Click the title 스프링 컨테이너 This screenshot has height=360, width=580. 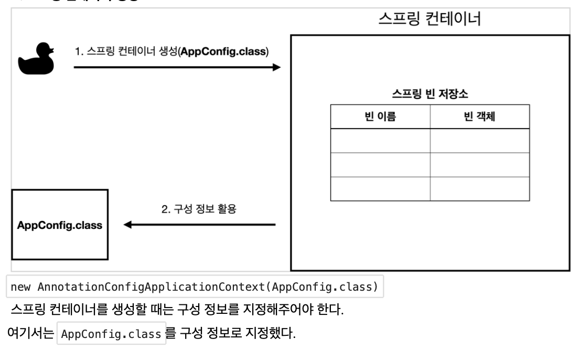[430, 20]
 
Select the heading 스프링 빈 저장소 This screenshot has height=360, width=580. [430, 95]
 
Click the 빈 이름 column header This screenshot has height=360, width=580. [380, 117]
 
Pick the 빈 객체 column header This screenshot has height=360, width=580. [479, 117]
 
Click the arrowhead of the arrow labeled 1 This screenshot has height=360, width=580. [276, 67]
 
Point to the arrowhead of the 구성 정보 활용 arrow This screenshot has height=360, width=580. [127, 225]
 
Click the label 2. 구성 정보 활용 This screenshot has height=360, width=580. [199, 210]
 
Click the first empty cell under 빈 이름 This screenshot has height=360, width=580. [380, 141]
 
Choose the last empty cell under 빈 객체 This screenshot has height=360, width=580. [479, 189]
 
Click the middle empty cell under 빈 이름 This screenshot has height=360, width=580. [380, 165]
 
